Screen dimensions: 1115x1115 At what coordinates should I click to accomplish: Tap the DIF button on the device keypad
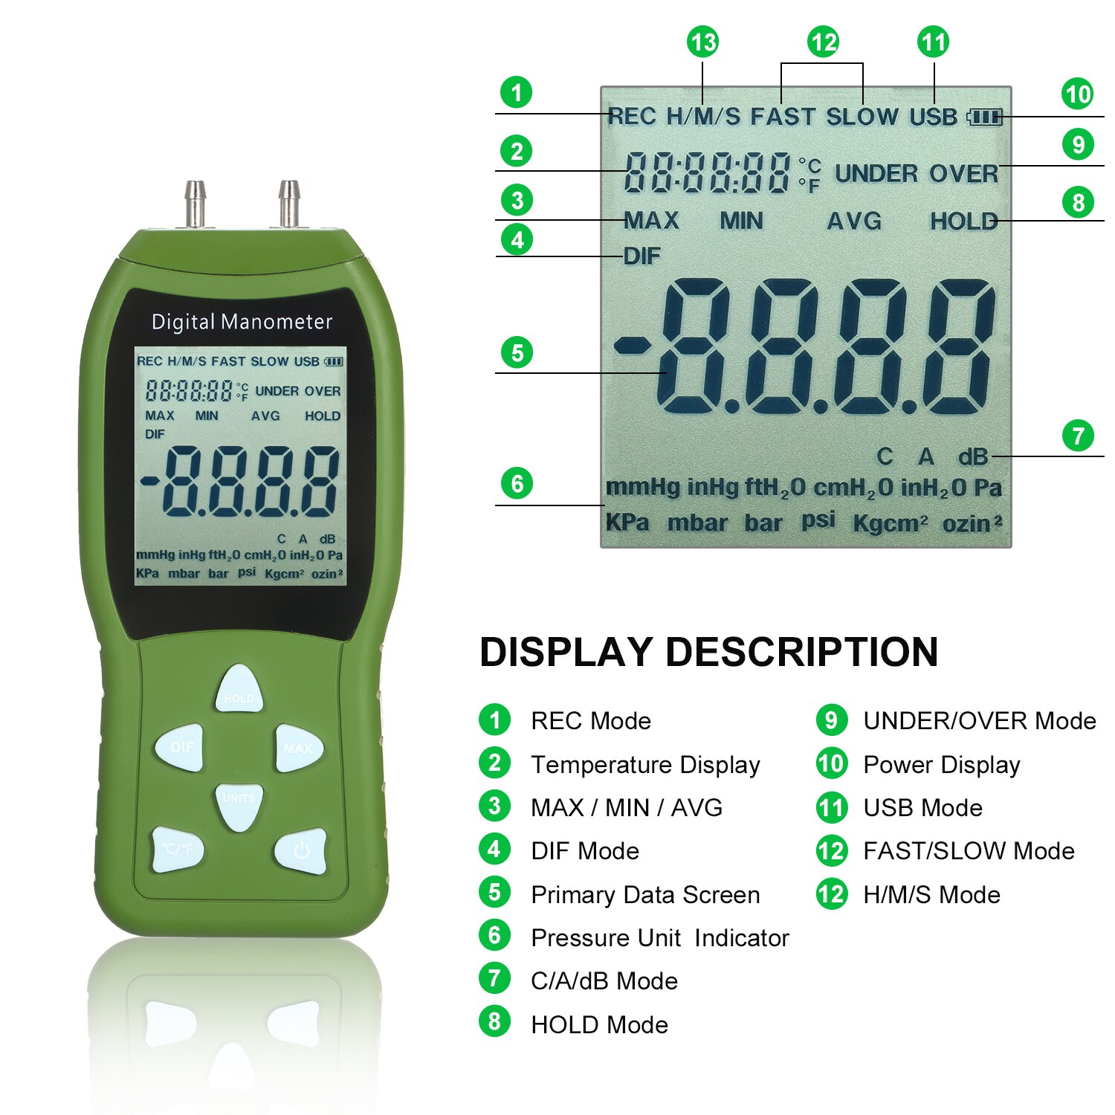(180, 747)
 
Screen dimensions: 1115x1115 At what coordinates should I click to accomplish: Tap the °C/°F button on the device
(178, 849)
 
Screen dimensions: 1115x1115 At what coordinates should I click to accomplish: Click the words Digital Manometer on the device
(242, 322)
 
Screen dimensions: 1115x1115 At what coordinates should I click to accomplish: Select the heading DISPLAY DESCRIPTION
(708, 652)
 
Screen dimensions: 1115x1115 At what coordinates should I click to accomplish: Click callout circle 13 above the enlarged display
(702, 42)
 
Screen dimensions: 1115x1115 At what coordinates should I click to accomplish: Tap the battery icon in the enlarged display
(985, 117)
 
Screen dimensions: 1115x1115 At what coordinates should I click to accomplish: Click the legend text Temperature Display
(645, 765)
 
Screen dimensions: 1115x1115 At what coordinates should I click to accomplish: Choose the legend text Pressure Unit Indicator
(660, 938)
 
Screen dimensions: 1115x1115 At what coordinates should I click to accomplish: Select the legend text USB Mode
(922, 808)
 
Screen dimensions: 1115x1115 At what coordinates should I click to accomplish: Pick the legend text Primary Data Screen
(645, 895)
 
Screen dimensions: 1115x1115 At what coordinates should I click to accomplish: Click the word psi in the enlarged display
(818, 520)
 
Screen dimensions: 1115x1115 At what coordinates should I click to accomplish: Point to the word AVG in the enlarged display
(854, 221)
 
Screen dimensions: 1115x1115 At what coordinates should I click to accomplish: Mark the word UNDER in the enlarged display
(876, 174)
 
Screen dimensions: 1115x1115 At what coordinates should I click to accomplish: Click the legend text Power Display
(941, 765)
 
